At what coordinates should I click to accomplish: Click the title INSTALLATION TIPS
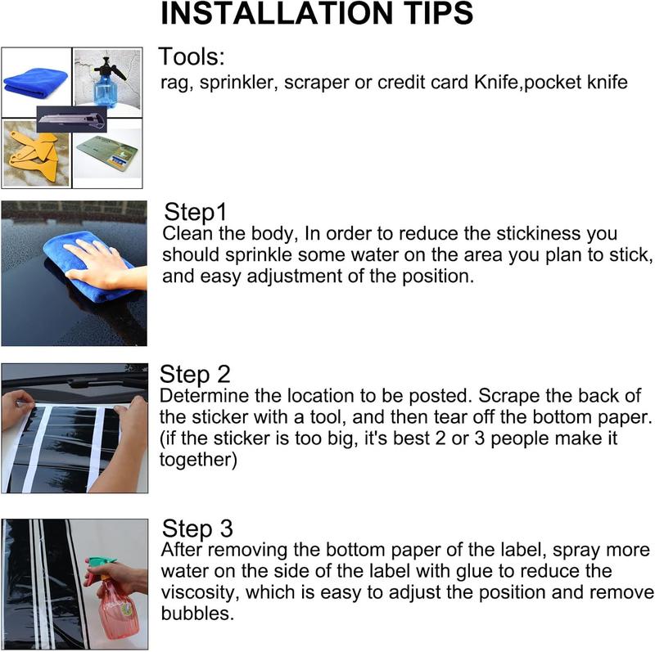317,13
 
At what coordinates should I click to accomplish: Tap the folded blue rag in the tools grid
36,83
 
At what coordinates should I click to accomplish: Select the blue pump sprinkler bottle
107,82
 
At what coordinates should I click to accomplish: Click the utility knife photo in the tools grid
71,119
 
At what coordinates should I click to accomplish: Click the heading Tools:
192,56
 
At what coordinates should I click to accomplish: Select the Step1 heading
195,212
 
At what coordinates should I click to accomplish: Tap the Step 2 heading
195,374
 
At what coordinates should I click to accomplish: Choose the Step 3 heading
197,528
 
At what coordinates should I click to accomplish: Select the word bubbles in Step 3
197,614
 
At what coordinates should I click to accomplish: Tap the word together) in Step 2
198,460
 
